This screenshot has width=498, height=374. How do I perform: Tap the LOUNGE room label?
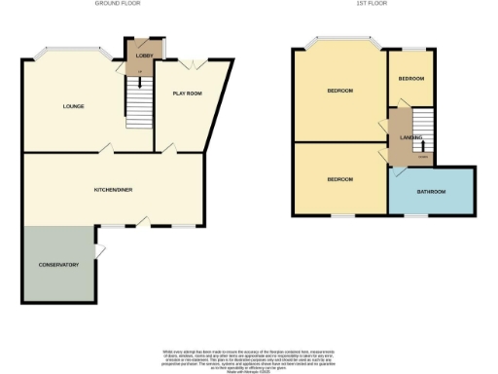click(73, 105)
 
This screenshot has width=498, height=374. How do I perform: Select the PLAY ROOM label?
click(187, 93)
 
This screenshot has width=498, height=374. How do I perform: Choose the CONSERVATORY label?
click(57, 264)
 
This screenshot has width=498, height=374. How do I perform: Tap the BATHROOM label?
click(430, 191)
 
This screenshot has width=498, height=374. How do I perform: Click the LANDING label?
click(410, 137)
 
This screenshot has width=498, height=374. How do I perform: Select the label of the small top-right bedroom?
click(410, 79)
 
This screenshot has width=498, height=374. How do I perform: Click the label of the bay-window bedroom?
click(339, 91)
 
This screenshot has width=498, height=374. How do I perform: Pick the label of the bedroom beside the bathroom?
click(339, 179)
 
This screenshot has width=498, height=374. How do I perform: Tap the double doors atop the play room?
click(195, 63)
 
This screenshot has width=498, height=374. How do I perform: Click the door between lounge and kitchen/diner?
click(106, 149)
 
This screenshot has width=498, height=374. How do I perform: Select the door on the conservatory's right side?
click(100, 252)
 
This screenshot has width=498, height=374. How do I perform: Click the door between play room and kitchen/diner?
click(169, 149)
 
